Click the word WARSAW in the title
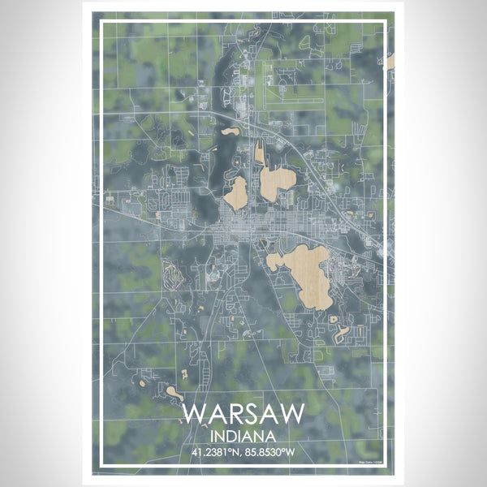point(243,413)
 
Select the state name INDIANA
point(243,436)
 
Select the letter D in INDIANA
point(234,436)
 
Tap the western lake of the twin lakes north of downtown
point(236,193)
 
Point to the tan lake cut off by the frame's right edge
point(390,62)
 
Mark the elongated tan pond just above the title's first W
point(174,393)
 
